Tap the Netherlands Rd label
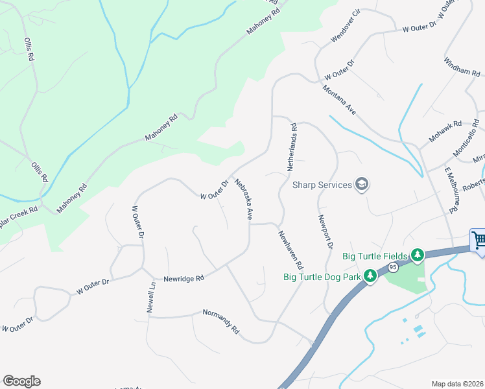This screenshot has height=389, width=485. [292, 147]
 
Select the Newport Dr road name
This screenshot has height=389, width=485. [325, 232]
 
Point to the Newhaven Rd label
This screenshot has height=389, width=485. [290, 250]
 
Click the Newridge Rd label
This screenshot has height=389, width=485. [183, 277]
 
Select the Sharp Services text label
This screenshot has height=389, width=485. [322, 185]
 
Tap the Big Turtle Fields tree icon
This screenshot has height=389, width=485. [418, 255]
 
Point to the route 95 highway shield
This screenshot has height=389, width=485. [393, 267]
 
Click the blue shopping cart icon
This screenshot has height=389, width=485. [479, 241]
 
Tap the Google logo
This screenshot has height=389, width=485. [21, 381]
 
